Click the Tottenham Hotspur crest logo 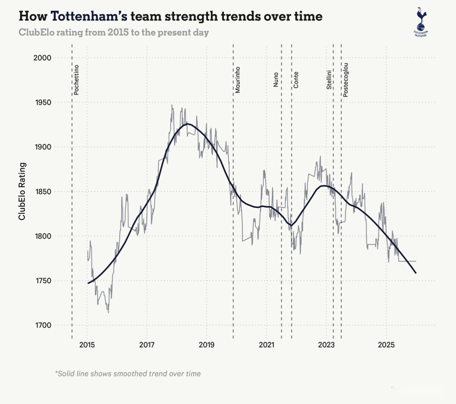[421, 22]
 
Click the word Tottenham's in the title [89, 16]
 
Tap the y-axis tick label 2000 [42, 58]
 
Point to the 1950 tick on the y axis [42, 103]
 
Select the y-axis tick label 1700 [42, 325]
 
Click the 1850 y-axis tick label [42, 192]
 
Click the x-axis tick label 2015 [87, 345]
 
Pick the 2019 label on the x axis [206, 345]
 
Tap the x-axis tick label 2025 [386, 345]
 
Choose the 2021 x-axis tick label [266, 345]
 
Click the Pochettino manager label [76, 80]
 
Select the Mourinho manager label [238, 80]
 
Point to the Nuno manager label [276, 80]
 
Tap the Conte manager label [296, 80]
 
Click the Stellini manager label [329, 80]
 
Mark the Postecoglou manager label [346, 80]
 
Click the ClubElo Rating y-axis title [22, 191]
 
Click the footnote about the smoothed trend [128, 374]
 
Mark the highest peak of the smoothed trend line [187, 124]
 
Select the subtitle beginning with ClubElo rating [113, 32]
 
